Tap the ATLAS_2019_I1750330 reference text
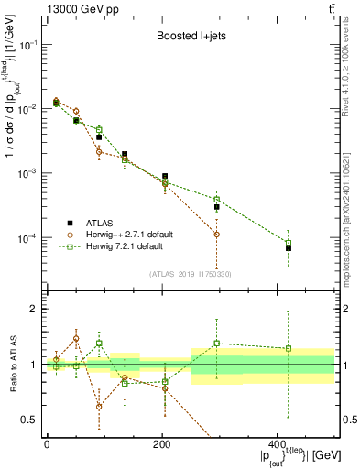pyautogui.click(x=190, y=273)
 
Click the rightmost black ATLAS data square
pyautogui.click(x=288, y=248)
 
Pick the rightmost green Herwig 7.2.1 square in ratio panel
pyautogui.click(x=288, y=348)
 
